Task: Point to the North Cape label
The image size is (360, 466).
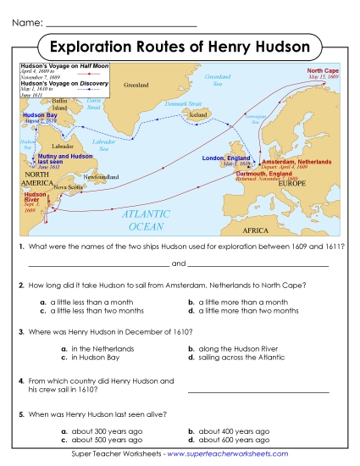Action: coord(323,71)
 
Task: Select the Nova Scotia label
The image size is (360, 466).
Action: coord(69,188)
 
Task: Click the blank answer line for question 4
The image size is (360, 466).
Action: coord(258,391)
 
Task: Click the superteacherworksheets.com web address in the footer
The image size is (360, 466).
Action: coord(224,456)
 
